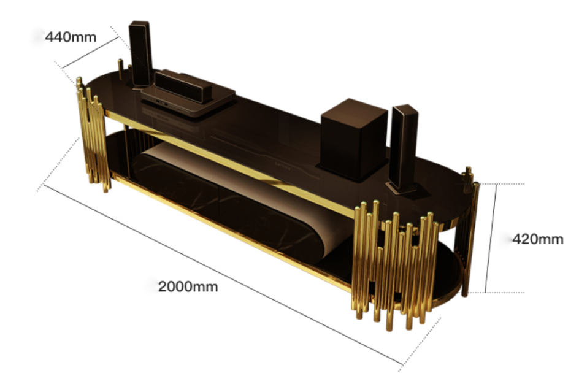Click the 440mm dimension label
click(x=71, y=37)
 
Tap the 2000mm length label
click(x=188, y=286)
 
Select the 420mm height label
click(x=538, y=239)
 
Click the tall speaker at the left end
click(x=140, y=54)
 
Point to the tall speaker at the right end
click(x=404, y=148)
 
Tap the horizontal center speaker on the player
click(x=183, y=86)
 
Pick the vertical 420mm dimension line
click(x=491, y=238)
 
